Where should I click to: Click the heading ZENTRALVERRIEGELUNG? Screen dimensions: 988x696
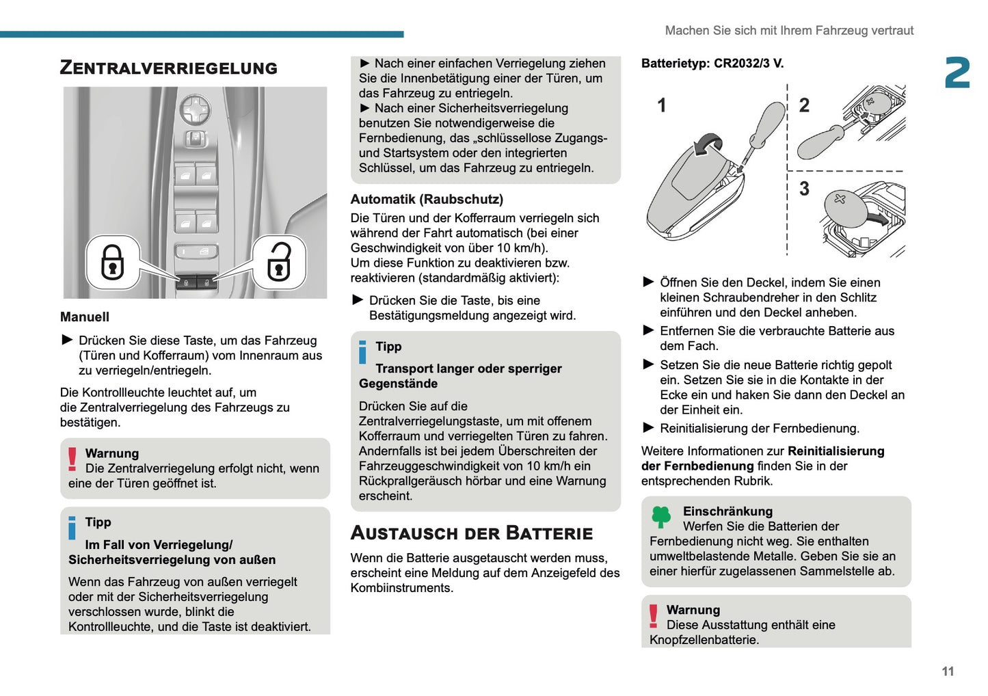168,68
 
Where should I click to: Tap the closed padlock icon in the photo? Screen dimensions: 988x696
112,262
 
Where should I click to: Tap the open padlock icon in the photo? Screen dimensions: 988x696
279,262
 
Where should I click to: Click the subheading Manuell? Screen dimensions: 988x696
84,317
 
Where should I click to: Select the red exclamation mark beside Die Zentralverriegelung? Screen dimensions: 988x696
72,459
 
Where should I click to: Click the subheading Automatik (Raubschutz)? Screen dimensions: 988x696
427,199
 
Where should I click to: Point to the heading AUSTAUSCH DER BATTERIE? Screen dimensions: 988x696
471,533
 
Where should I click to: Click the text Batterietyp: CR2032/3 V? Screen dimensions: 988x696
712,64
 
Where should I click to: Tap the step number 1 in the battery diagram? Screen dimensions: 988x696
661,105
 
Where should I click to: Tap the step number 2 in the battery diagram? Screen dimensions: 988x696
804,105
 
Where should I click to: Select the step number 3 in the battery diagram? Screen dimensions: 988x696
804,189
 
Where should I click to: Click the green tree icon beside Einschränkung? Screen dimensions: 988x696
661,517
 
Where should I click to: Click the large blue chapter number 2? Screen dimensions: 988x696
957,73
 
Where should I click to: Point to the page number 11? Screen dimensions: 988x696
947,671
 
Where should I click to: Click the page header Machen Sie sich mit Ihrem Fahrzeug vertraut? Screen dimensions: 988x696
788,31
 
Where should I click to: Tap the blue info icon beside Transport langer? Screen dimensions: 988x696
362,352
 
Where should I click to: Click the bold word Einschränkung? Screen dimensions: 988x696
727,511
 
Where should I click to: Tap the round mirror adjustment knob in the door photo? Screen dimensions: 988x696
195,108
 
